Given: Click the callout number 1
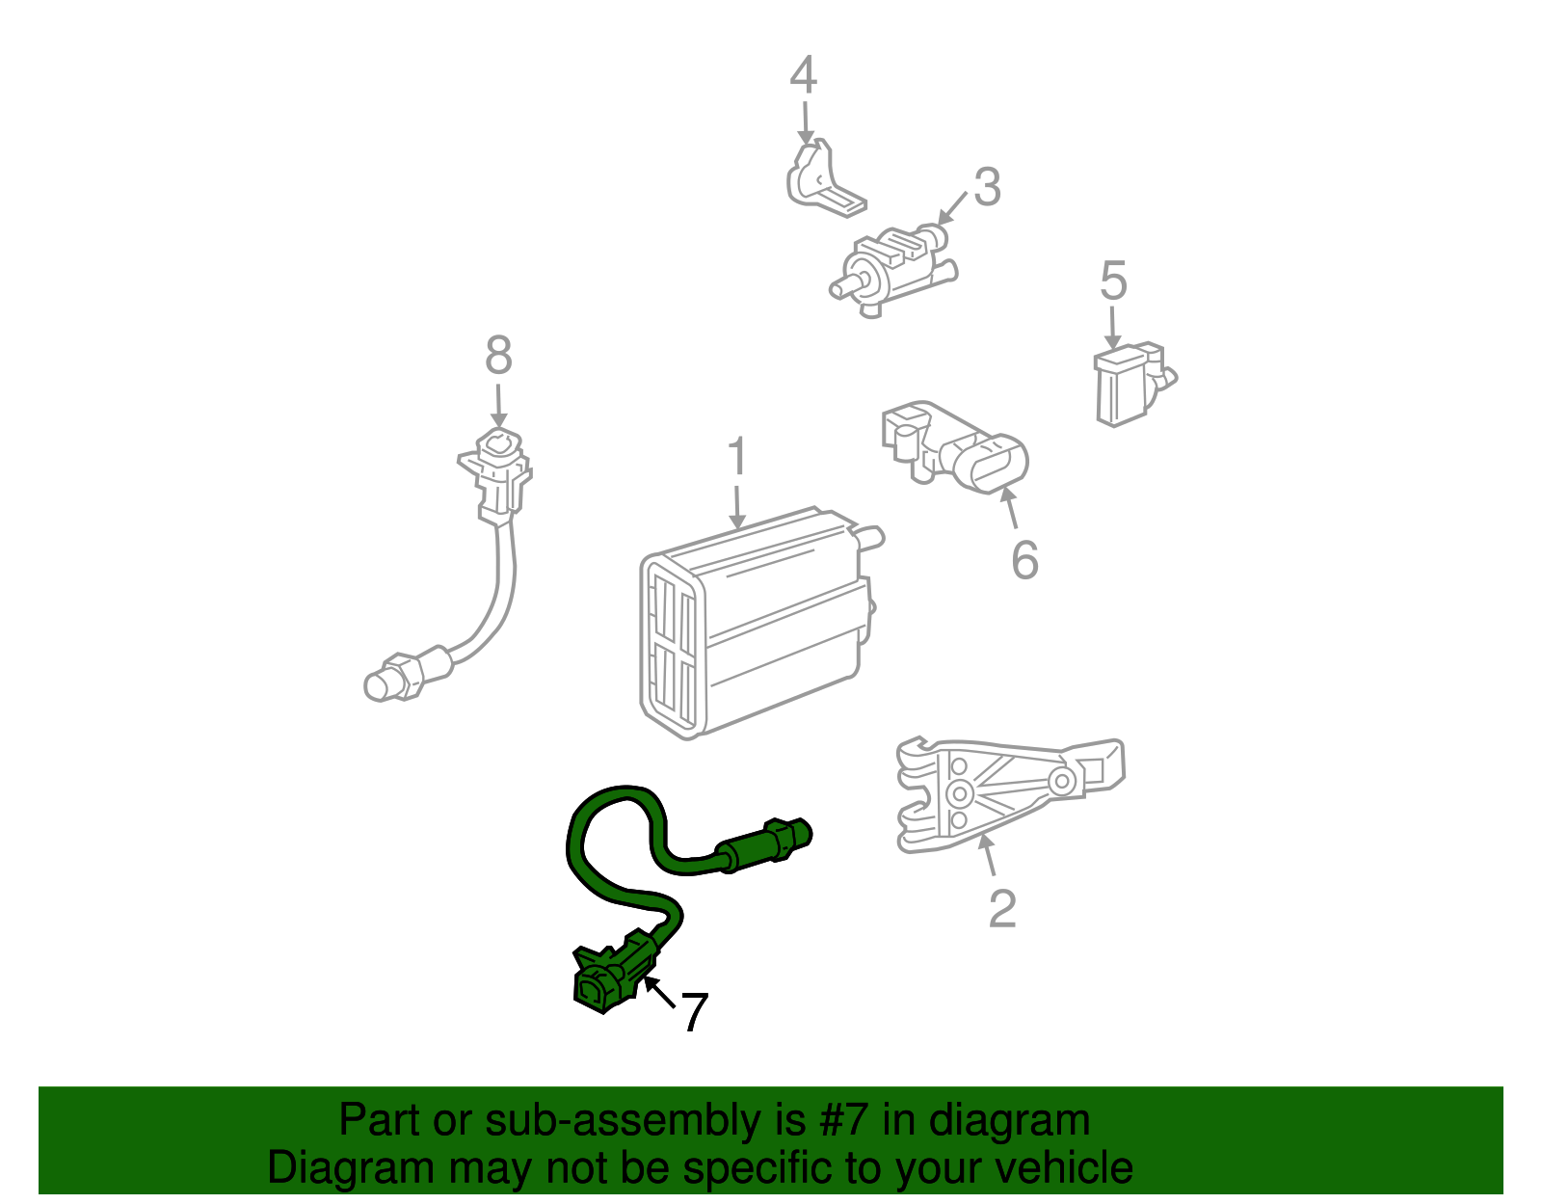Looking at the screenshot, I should click(737, 457).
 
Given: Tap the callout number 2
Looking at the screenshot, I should click(1002, 909).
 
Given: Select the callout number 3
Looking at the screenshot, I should click(987, 187).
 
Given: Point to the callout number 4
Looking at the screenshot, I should click(803, 76).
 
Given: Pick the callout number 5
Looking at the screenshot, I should click(1113, 281).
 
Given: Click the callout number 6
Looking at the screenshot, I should click(1024, 560).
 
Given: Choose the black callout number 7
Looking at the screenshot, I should click(694, 1013).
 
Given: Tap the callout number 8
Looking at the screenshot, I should click(498, 356).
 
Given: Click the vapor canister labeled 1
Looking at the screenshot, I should click(752, 627).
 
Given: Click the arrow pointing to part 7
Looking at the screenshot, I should click(659, 993).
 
